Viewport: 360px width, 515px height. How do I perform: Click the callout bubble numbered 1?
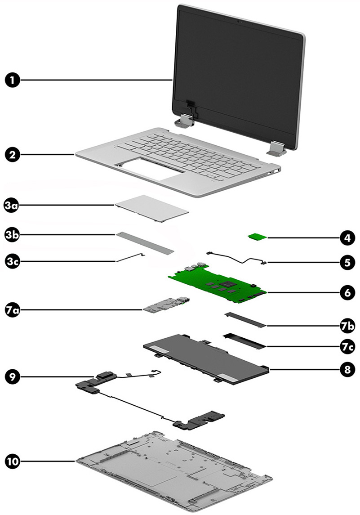13,81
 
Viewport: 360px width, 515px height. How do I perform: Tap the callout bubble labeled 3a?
13,206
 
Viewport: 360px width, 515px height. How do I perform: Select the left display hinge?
185,121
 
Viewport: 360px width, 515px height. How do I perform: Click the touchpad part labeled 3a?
151,208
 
